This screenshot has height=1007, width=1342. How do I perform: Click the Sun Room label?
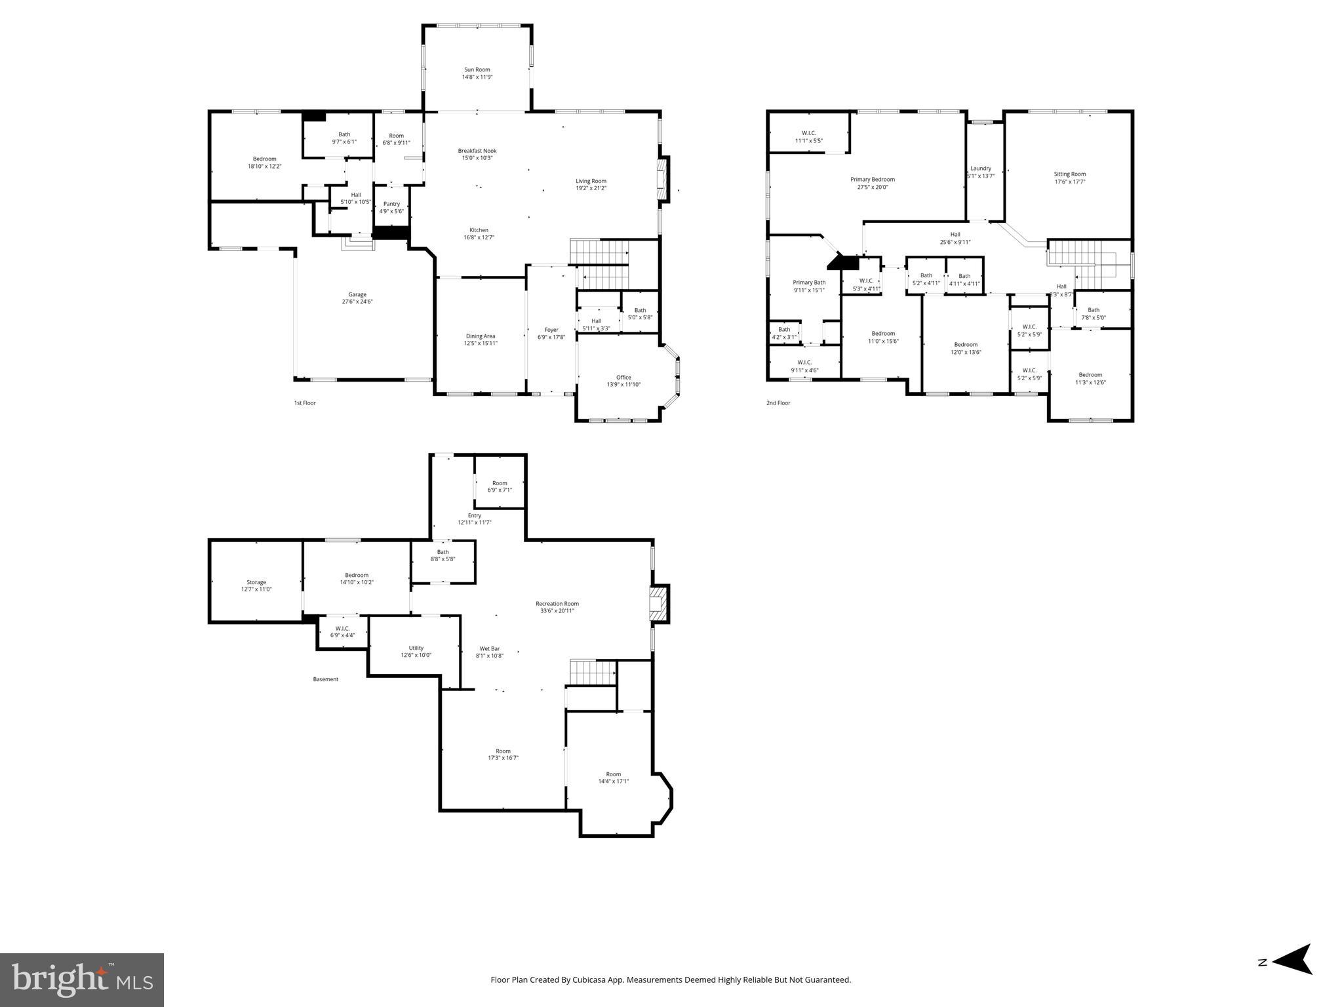pos(477,69)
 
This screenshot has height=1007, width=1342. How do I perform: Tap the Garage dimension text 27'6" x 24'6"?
pos(357,302)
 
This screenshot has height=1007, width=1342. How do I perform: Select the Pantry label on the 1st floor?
pos(391,204)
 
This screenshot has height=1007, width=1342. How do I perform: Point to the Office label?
pos(623,377)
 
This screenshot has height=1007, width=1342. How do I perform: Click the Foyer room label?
pos(551,330)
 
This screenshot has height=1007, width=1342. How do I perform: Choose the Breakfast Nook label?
pos(477,151)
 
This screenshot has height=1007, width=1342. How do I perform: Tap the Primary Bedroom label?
pos(872,180)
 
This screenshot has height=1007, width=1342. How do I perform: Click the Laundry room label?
pos(981,168)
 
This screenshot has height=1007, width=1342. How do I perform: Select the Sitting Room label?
pos(1069,174)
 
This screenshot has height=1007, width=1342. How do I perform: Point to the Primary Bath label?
pos(809,283)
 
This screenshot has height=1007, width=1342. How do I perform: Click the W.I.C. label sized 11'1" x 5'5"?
pos(808,133)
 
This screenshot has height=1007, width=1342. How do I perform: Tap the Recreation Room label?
pos(557,604)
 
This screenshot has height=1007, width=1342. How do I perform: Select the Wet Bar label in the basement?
pos(490,649)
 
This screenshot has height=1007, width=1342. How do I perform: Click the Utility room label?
pos(416,648)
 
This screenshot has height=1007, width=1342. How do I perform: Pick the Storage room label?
pos(256,582)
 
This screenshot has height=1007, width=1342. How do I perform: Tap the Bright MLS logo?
pos(82,979)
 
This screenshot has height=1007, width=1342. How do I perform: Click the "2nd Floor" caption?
pos(778,403)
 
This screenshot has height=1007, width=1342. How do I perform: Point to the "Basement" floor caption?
pos(325,679)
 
